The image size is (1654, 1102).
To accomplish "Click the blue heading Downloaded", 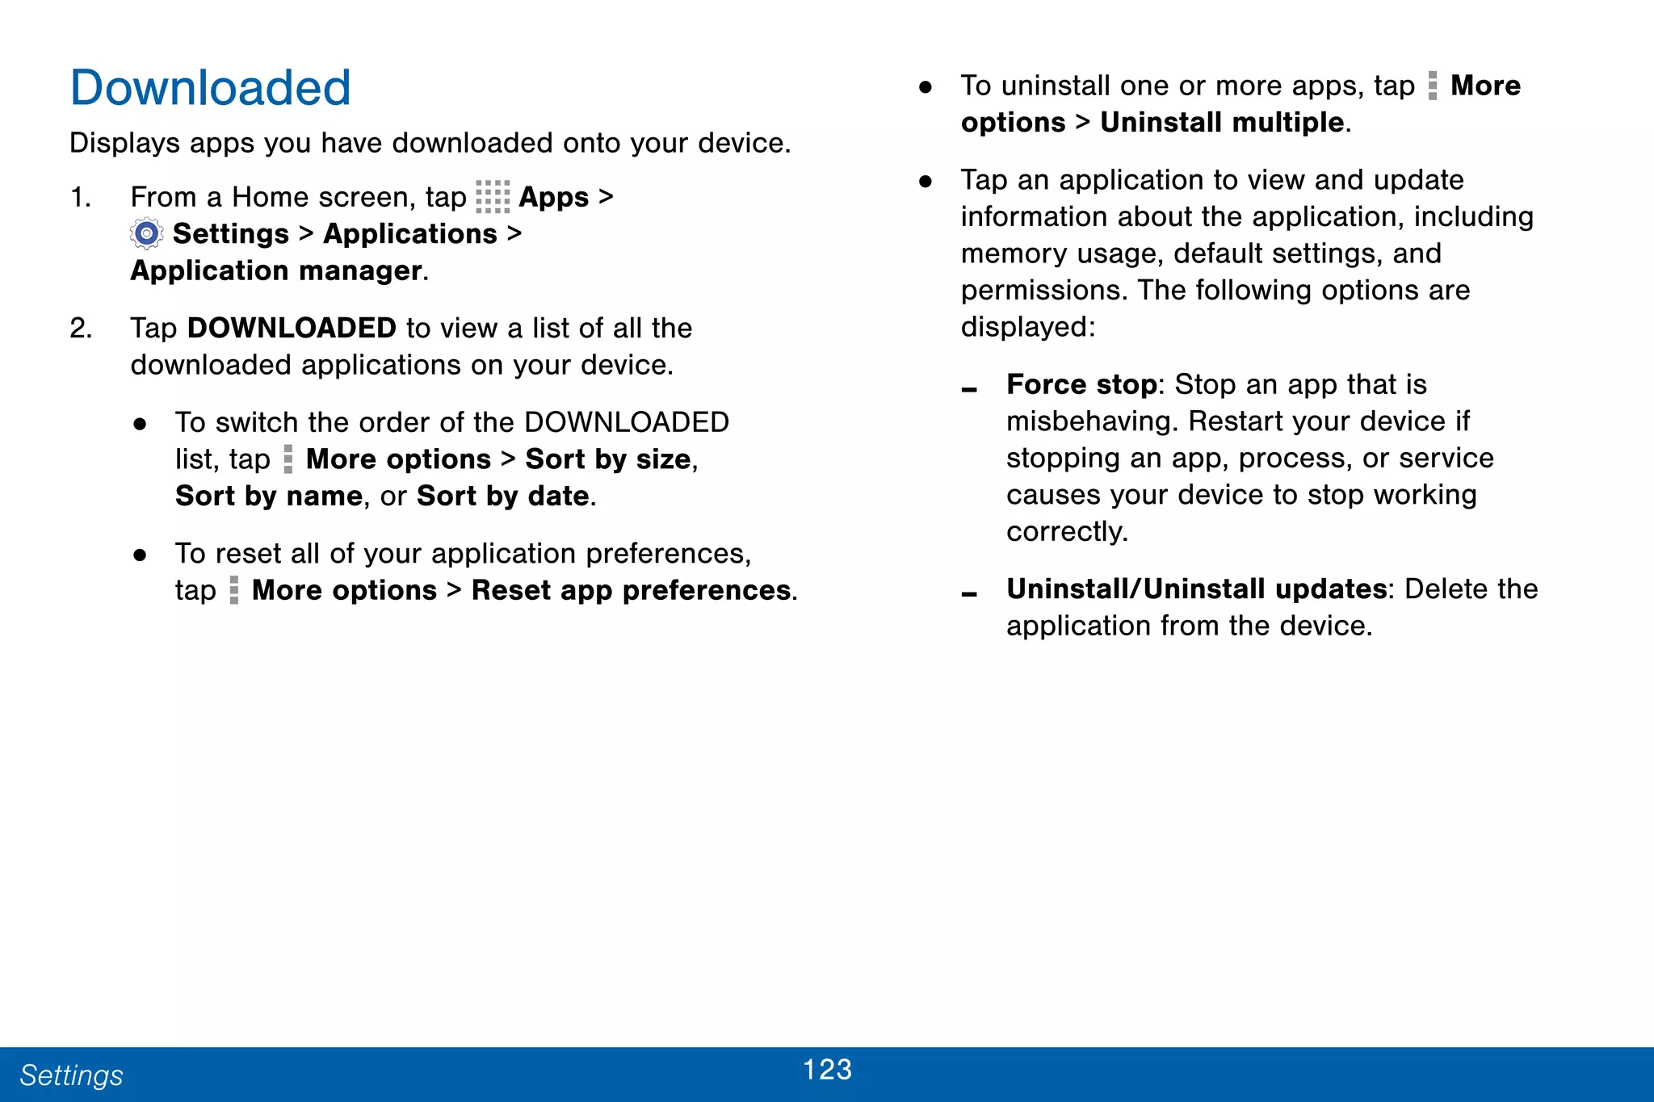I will point(210,88).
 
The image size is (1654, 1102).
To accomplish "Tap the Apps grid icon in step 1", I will point(493,197).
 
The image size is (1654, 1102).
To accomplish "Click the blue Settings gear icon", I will point(146,234).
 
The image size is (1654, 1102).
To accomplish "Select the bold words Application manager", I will point(277,270).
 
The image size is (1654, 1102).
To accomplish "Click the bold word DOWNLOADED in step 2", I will point(292,329).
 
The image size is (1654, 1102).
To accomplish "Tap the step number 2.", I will point(80,329).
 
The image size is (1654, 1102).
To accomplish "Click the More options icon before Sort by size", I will point(288,459).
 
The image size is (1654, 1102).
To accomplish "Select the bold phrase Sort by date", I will point(502,497).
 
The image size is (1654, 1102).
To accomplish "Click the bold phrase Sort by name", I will point(269,497).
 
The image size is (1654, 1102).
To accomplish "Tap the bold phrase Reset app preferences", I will point(631,591).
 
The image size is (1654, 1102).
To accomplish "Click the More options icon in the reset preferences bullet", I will point(234,590).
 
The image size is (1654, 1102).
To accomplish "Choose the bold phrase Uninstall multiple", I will point(1222,123).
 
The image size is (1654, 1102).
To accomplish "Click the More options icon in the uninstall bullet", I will point(1433,86).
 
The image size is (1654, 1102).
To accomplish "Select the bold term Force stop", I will point(1081,385).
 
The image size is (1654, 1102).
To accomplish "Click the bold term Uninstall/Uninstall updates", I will point(1196,589).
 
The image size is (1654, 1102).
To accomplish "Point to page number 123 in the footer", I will point(827,1070).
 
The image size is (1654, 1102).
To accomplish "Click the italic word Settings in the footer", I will point(71,1075).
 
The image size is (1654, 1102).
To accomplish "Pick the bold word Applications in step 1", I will point(410,234).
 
